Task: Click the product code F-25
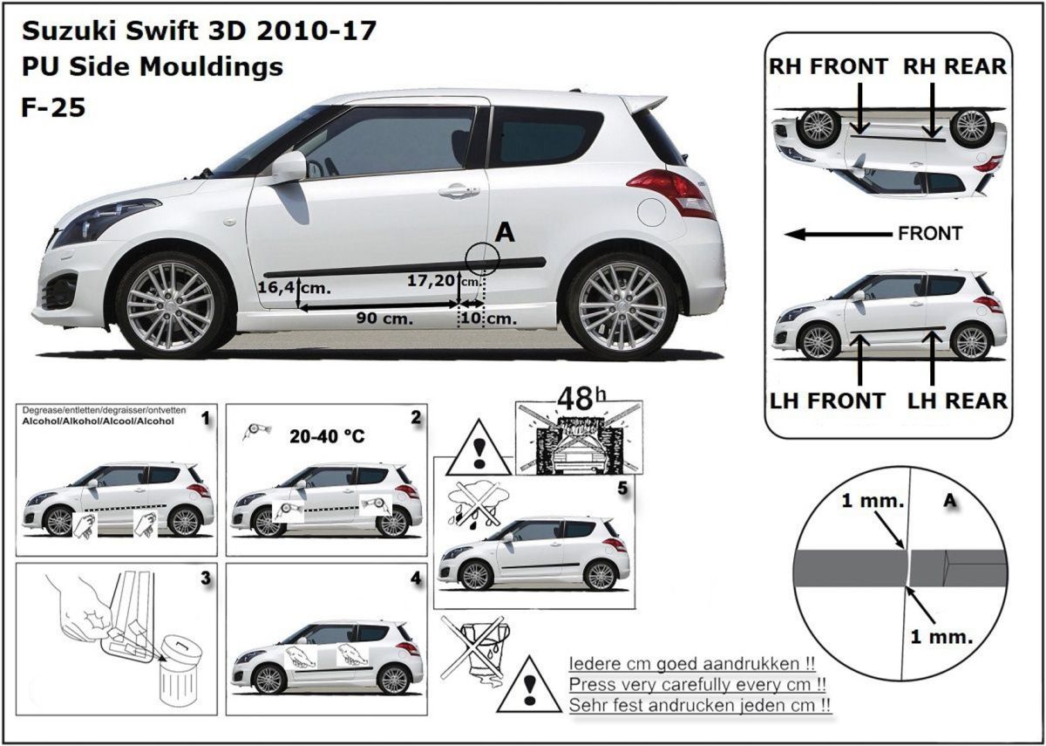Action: pyautogui.click(x=53, y=107)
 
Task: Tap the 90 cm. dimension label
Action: pyautogui.click(x=384, y=318)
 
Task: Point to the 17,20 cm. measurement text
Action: pyautogui.click(x=444, y=280)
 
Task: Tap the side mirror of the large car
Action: pyautogui.click(x=289, y=167)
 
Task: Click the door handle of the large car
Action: pyautogui.click(x=459, y=190)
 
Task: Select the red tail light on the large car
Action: pyautogui.click(x=672, y=193)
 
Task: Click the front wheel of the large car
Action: pyautogui.click(x=171, y=305)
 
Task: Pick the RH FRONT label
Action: pyautogui.click(x=828, y=66)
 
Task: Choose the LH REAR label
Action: pyautogui.click(x=957, y=401)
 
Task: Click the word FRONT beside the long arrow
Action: pyautogui.click(x=930, y=233)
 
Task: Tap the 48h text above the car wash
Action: pyautogui.click(x=582, y=400)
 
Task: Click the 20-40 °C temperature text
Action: pyautogui.click(x=327, y=436)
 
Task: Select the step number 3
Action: pyautogui.click(x=206, y=578)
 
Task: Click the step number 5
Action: pyautogui.click(x=622, y=489)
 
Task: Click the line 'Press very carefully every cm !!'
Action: pyautogui.click(x=697, y=685)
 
